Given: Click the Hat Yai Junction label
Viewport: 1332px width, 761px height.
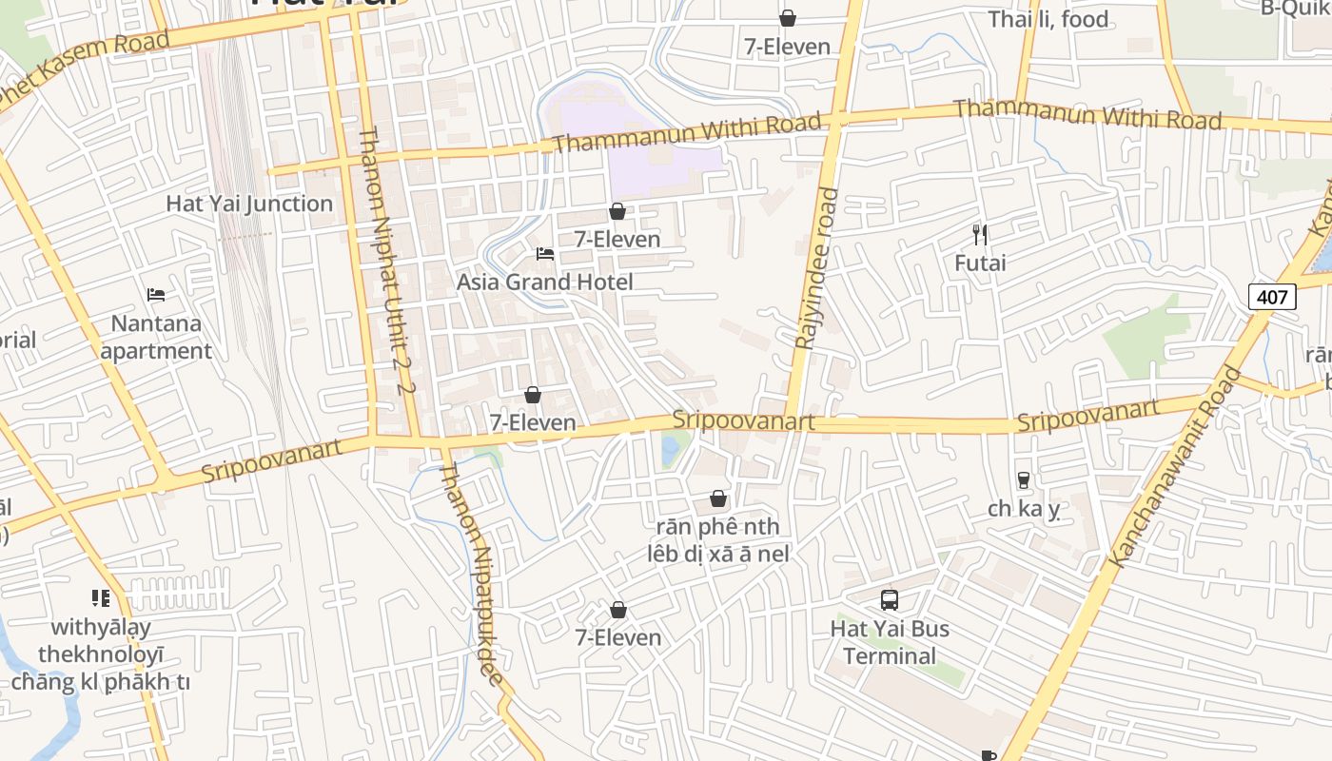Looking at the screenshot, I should click(249, 204).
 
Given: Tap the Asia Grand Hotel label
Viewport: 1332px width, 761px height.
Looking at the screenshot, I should click(544, 282).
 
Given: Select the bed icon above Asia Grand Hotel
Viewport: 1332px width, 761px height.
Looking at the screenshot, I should click(545, 254).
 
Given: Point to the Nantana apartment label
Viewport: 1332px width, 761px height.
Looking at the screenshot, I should click(156, 337).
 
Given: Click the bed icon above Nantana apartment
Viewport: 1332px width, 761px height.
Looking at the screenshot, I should click(156, 295).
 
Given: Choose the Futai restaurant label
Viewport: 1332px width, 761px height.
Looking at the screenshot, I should click(980, 263).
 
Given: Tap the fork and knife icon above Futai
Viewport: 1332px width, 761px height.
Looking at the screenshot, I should click(980, 234).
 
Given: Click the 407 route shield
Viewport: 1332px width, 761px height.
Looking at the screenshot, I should click(1272, 297).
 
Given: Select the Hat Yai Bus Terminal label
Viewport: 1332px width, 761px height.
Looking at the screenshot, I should click(890, 642).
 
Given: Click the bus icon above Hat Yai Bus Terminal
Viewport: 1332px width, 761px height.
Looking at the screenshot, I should click(890, 600).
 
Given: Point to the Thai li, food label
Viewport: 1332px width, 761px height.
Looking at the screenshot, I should click(1048, 19).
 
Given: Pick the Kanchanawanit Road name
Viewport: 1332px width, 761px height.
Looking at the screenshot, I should click(1176, 467).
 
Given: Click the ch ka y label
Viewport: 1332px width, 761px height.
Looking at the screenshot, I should click(1023, 509).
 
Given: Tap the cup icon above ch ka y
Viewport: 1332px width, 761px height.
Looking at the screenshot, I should click(1024, 480).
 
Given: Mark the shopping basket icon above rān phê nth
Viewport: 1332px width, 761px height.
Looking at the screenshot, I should click(718, 499).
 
